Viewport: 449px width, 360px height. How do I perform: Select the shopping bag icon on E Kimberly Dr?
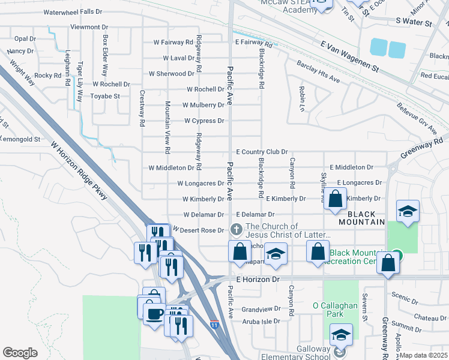(x=336, y=199)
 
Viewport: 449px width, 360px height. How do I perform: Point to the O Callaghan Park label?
(x=335, y=305)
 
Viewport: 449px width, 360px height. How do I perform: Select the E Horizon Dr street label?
(x=258, y=280)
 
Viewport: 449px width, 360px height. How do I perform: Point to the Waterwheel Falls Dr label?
(x=77, y=12)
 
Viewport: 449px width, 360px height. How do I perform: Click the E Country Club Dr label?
(x=262, y=152)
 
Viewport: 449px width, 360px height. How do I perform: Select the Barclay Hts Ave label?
(x=318, y=72)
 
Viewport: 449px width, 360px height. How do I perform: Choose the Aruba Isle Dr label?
(x=260, y=321)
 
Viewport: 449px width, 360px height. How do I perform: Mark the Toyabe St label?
(x=105, y=95)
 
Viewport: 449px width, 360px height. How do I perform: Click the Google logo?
(x=20, y=353)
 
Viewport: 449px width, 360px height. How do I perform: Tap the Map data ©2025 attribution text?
(x=424, y=355)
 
